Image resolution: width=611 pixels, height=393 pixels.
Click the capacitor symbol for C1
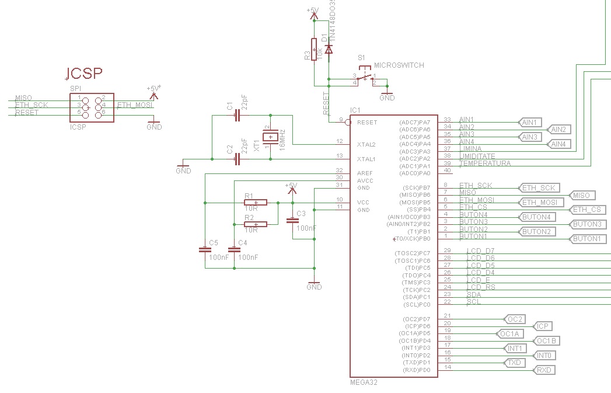pos(237,116)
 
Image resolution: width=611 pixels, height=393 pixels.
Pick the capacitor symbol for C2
pos(237,158)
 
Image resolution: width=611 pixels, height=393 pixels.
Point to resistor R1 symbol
pos(256,203)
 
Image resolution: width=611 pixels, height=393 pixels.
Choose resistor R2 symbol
pos(256,224)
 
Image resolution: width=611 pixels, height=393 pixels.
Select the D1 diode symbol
pos(329,50)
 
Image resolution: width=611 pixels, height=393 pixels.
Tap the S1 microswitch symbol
pos(365,78)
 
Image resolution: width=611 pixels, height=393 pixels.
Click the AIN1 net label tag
pos(530,122)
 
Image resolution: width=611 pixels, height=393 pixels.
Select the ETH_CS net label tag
pos(588,210)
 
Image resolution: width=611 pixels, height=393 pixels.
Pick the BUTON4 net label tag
pos(536,217)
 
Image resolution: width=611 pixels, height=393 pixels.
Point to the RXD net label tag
pos(544,370)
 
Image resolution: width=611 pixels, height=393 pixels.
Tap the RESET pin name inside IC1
pos(367,123)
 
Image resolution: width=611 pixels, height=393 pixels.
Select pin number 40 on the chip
pos(448,171)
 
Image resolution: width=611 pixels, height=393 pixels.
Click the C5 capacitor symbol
pos(205,249)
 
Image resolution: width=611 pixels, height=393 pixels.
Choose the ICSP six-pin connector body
pos(91,107)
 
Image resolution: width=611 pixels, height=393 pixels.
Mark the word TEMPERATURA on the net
pos(485,164)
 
